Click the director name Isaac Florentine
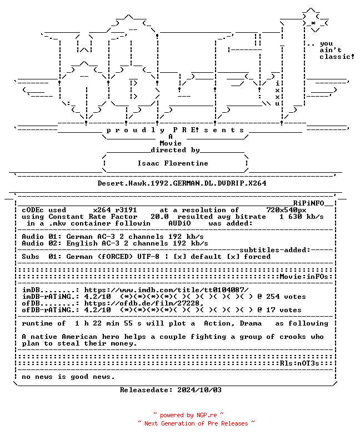tap(173, 163)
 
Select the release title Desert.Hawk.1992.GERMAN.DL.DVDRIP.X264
tap(182, 183)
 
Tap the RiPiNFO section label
tap(309, 203)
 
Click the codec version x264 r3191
tap(115, 210)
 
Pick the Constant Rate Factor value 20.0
tap(159, 217)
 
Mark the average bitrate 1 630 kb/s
tap(302, 217)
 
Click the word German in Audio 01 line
tap(79, 237)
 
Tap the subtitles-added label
tap(275, 250)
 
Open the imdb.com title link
tap(167, 290)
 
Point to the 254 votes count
tap(286, 297)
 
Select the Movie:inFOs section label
tap(304, 277)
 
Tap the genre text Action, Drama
tap(233, 323)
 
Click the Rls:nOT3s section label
tap(299, 363)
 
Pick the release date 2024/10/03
tap(199, 390)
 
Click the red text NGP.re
tap(207, 415)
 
